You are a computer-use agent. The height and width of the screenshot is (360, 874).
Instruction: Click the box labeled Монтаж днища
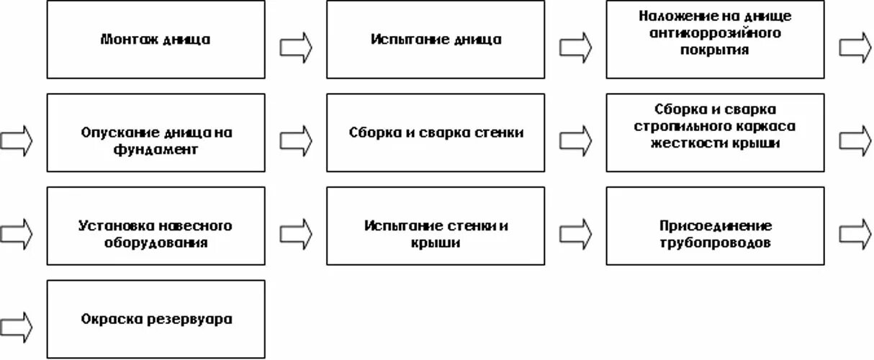click(x=156, y=40)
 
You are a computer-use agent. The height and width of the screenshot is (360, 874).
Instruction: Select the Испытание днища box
click(x=436, y=40)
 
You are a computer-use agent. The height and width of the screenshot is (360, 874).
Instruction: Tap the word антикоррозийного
click(x=715, y=33)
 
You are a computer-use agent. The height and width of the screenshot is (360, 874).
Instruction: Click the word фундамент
click(x=156, y=150)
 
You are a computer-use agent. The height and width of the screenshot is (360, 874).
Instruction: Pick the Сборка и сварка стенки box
click(x=436, y=132)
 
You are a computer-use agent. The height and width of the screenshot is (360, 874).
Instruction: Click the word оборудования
click(x=156, y=243)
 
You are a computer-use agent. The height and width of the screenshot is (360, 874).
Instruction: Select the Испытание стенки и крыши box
click(x=436, y=226)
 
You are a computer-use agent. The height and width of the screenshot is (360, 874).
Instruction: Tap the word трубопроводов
click(x=715, y=243)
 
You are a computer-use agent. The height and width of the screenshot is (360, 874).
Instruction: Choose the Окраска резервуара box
click(x=156, y=319)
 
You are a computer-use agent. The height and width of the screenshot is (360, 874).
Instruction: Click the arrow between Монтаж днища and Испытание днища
click(x=296, y=47)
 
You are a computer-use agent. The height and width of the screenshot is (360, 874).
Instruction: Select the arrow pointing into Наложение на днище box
click(x=575, y=47)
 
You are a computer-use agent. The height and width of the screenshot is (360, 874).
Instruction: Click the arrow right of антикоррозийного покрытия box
click(x=855, y=47)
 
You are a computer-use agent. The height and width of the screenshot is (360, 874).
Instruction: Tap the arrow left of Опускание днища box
click(x=17, y=140)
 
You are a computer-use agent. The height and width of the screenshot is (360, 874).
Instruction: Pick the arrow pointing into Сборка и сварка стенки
click(x=296, y=140)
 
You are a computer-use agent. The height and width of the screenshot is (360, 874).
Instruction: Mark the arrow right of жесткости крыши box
click(x=855, y=140)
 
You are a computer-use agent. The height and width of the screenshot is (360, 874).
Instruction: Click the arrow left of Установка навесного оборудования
click(x=17, y=233)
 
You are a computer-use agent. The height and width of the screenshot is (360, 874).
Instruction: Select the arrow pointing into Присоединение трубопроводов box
click(x=575, y=233)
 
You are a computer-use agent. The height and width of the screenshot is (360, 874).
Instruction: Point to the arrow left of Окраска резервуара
click(x=17, y=326)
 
